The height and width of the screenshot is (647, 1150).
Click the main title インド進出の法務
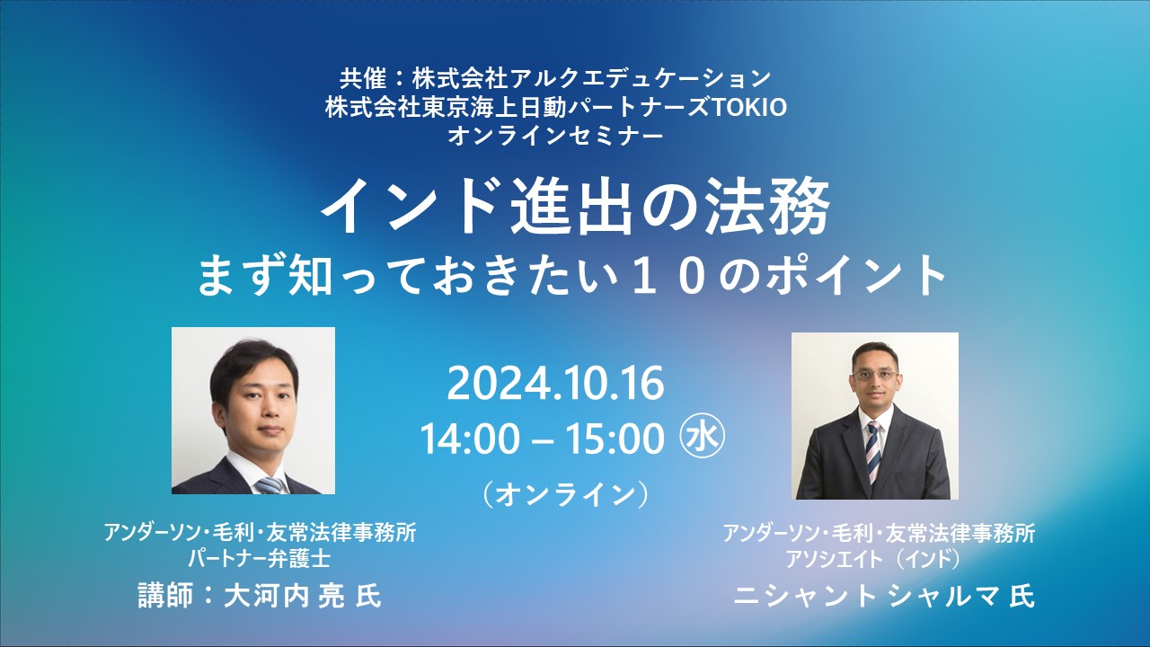coord(575,207)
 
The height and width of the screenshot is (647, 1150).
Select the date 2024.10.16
coord(555,384)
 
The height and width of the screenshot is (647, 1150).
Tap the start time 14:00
coord(470,439)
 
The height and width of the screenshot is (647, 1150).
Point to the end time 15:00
coord(615,439)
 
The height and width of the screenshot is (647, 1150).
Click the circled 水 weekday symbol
coord(703,436)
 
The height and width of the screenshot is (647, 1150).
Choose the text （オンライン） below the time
coord(565,495)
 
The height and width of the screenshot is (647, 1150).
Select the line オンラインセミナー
coord(555,136)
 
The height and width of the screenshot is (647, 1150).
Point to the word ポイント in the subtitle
coord(848,278)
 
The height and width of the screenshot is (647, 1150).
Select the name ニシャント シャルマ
coord(867,597)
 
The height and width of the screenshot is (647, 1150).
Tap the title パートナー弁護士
coord(260,559)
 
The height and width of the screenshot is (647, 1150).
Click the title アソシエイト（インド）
coord(872,560)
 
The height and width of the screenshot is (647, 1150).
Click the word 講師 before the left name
coord(165,596)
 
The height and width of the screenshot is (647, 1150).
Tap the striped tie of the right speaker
coord(874,451)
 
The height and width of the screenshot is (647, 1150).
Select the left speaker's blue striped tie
coord(270,484)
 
